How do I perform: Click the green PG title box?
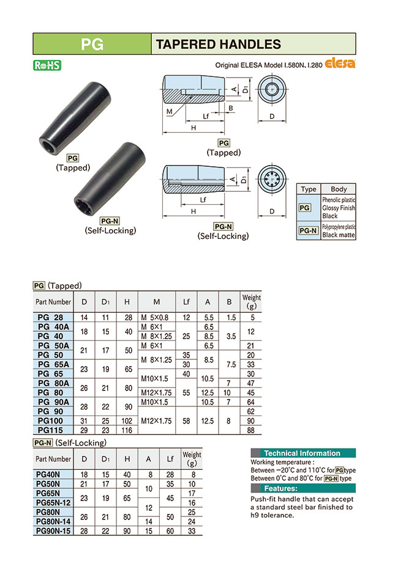(x=92, y=44)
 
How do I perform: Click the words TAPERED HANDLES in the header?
(x=218, y=44)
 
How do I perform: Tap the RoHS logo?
(x=47, y=65)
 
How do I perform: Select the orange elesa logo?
(x=340, y=63)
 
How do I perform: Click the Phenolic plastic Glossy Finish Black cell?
(x=338, y=208)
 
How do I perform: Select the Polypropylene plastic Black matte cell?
(x=338, y=230)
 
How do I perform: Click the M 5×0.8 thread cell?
(x=156, y=318)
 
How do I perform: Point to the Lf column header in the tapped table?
(x=186, y=301)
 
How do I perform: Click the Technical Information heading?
(x=302, y=453)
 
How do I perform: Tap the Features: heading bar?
(x=302, y=489)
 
